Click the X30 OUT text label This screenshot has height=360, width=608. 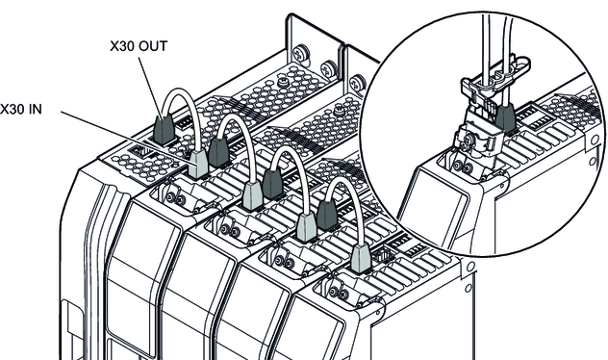[139, 46]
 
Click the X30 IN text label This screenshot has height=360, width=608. [21, 110]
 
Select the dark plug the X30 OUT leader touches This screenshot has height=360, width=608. [164, 129]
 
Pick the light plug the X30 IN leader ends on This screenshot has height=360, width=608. [198, 164]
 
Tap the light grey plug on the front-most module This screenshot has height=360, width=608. [361, 258]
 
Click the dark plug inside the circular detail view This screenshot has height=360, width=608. [505, 117]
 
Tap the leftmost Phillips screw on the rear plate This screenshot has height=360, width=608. [301, 53]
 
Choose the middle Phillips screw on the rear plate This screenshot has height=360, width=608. [329, 68]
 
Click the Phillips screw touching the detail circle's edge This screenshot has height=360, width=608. [357, 83]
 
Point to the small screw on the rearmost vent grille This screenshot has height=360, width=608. [284, 82]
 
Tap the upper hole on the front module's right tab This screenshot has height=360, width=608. [470, 267]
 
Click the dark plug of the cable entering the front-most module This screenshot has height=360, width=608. [327, 215]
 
